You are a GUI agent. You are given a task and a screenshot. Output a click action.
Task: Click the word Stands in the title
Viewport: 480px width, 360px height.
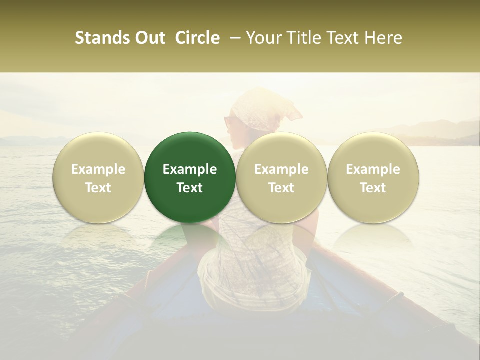point(102,38)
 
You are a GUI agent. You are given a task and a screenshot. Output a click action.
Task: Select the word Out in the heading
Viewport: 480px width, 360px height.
point(149,38)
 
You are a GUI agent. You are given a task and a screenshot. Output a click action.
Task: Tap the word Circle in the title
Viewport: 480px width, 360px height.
point(197,38)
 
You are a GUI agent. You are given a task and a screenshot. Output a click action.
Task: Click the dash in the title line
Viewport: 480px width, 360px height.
point(233,38)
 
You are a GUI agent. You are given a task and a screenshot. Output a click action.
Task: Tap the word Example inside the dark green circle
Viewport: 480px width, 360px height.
point(190,169)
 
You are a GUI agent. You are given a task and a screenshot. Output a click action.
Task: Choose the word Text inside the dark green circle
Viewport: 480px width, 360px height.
point(190,188)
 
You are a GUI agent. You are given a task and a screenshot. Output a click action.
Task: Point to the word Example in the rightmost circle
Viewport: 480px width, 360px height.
point(373,169)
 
